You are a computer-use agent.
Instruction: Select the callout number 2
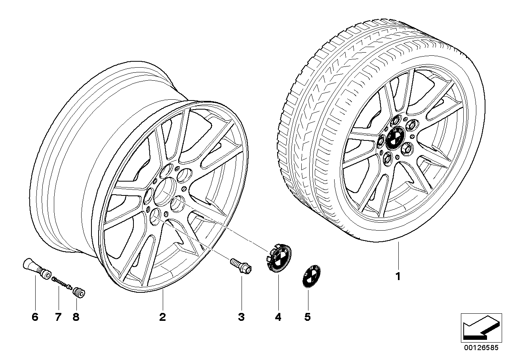pyautogui.click(x=162, y=317)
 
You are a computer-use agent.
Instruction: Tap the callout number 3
pyautogui.click(x=241, y=317)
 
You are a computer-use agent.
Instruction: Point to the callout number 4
pyautogui.click(x=278, y=317)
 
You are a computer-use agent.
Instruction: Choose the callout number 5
pyautogui.click(x=308, y=317)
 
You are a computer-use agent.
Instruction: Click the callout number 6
pyautogui.click(x=35, y=317)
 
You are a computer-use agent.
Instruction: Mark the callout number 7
pyautogui.click(x=58, y=317)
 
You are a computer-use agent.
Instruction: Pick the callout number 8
pyautogui.click(x=76, y=317)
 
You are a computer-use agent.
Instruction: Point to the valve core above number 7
pyautogui.click(x=61, y=283)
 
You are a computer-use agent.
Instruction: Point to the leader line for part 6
pyautogui.click(x=35, y=293)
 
